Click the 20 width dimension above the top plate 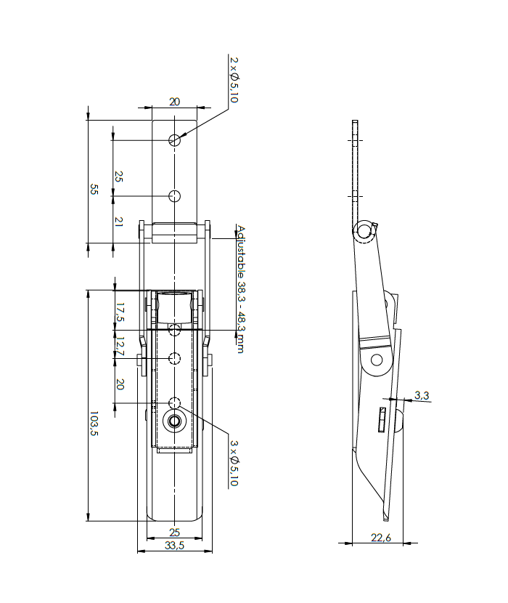point(174,102)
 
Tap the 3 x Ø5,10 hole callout point(233,463)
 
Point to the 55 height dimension point(94,189)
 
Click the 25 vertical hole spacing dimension point(119,177)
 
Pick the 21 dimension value point(119,221)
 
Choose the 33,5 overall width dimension point(175,546)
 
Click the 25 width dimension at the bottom point(174,533)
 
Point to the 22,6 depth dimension point(382,538)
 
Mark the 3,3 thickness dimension point(422,395)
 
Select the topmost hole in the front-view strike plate point(174,139)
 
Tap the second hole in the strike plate point(174,195)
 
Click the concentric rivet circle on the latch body point(174,421)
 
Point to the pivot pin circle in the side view point(376,359)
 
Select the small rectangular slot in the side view point(381,419)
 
